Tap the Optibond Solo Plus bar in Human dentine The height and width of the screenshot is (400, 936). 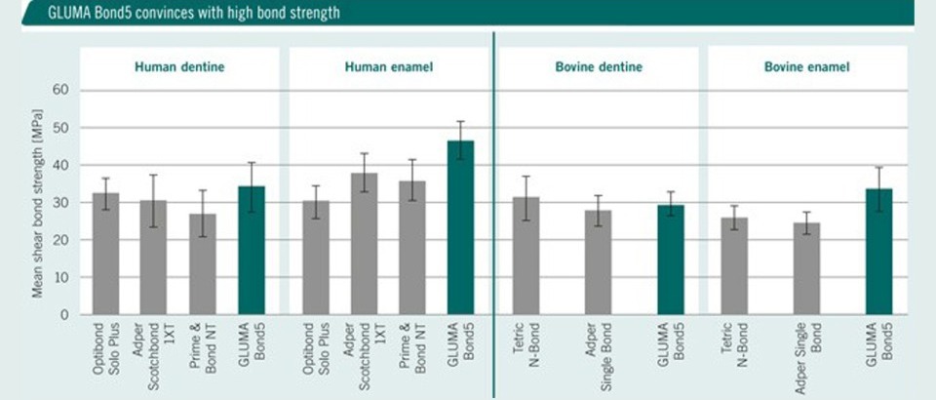[x=106, y=254]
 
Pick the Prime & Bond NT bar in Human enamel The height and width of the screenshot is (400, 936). [x=412, y=248]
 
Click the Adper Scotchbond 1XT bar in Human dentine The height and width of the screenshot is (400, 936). [x=154, y=258]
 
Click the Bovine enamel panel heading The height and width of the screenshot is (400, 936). [x=806, y=67]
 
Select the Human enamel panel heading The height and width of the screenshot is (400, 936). [x=388, y=67]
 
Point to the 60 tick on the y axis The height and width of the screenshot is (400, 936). [x=60, y=91]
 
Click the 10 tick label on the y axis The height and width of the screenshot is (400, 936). [x=60, y=277]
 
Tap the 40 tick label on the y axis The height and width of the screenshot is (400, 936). [x=60, y=166]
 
